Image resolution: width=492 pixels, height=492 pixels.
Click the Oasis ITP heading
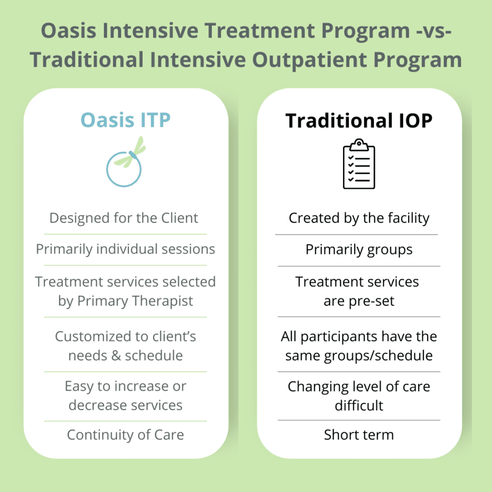[126, 120]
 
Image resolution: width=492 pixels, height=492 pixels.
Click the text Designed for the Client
[124, 218]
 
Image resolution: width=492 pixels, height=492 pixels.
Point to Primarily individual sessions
[126, 249]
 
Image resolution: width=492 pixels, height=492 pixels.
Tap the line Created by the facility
[358, 218]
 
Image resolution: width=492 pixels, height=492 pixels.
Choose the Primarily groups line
[358, 250]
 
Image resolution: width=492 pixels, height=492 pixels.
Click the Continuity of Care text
[126, 435]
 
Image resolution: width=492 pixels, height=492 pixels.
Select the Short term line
[358, 435]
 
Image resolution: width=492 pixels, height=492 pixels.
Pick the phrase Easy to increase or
[126, 386]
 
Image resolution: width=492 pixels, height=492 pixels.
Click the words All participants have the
[358, 336]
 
